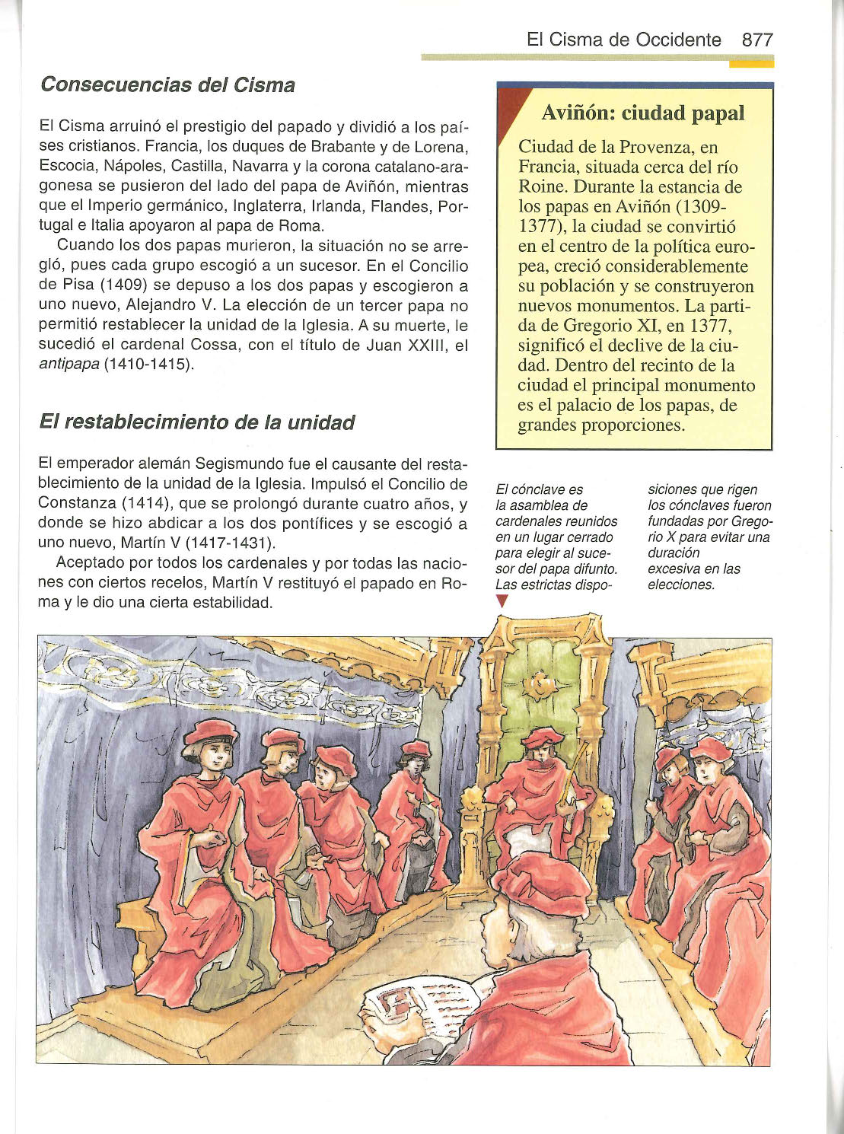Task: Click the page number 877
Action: pyautogui.click(x=757, y=40)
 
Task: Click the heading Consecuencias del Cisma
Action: pyautogui.click(x=167, y=84)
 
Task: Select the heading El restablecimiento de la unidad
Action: pyautogui.click(x=196, y=422)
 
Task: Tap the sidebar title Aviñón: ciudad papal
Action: pyautogui.click(x=642, y=113)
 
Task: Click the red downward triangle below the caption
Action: pyautogui.click(x=501, y=601)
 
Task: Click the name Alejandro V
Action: pyautogui.click(x=170, y=306)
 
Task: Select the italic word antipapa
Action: pyautogui.click(x=68, y=365)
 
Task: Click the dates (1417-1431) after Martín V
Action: pyautogui.click(x=230, y=544)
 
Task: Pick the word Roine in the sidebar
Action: pyautogui.click(x=543, y=187)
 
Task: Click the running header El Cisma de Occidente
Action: pyautogui.click(x=623, y=40)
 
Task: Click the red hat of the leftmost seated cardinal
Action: pyautogui.click(x=211, y=732)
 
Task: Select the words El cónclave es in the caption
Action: pyautogui.click(x=539, y=489)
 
